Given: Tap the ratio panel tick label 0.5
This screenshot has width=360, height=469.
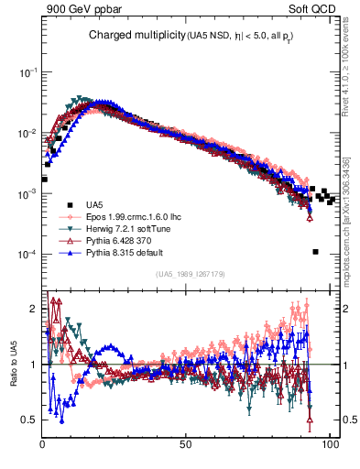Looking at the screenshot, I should tap(29, 420).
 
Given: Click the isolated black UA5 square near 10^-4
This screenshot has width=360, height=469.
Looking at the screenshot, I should tap(315, 252).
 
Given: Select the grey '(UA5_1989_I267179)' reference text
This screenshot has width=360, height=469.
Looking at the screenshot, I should tap(193, 273).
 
